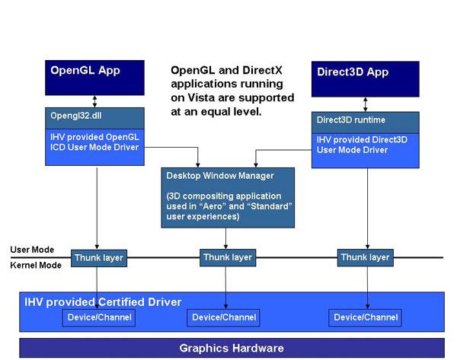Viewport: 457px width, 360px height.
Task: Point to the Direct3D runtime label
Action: pyautogui.click(x=350, y=119)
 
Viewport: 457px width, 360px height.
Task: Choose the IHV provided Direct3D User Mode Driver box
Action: pyautogui.click(x=365, y=147)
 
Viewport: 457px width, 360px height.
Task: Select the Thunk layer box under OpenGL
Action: pyautogui.click(x=97, y=258)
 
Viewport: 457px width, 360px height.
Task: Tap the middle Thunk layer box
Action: pyautogui.click(x=227, y=257)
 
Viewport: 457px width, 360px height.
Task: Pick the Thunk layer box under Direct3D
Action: pyautogui.click(x=364, y=257)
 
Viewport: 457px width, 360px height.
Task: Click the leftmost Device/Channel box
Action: pyautogui.click(x=97, y=317)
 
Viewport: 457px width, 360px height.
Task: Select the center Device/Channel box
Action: pyautogui.click(x=224, y=317)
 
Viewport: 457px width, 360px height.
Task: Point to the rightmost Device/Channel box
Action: pyautogui.click(x=366, y=317)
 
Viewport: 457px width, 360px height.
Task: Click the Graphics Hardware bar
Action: pyautogui.click(x=231, y=349)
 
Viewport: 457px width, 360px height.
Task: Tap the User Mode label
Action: pyautogui.click(x=32, y=250)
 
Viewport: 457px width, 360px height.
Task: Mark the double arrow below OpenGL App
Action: pyautogui.click(x=94, y=101)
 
